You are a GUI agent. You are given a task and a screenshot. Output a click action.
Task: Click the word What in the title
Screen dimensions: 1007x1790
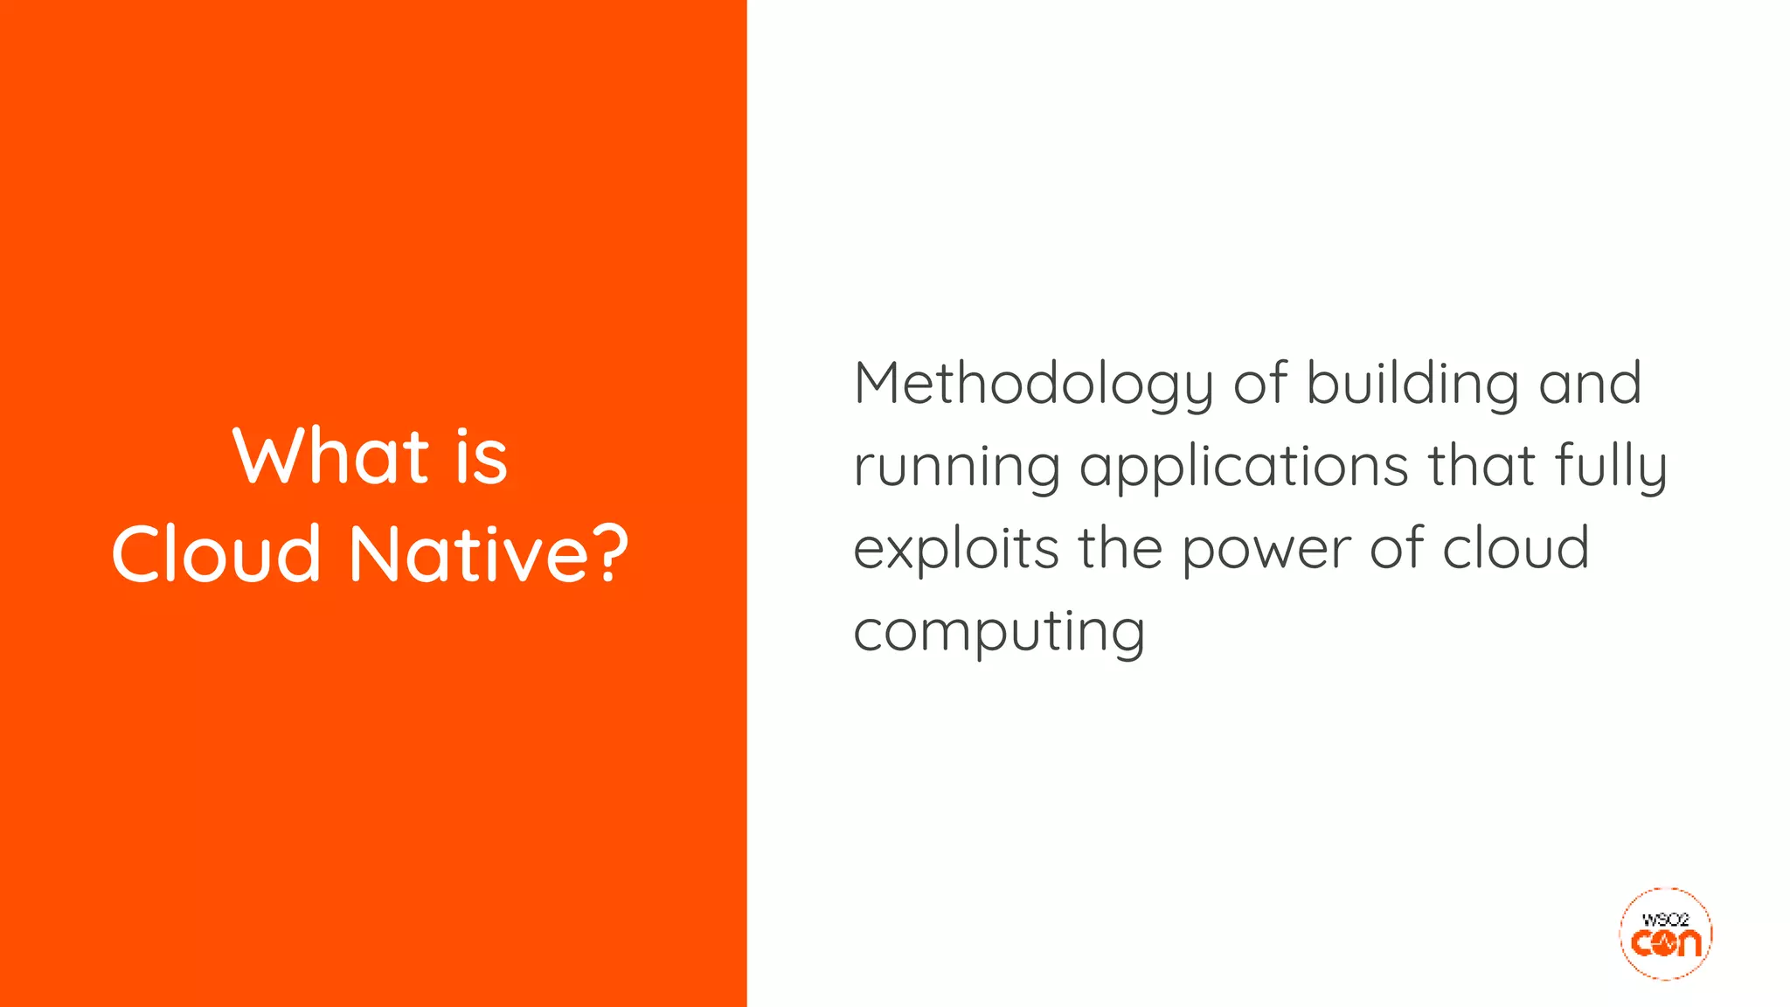pos(330,455)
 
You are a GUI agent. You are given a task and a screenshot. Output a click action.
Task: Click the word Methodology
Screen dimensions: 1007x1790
pos(1033,385)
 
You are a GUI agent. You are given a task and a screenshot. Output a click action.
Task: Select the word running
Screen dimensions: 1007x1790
pos(956,467)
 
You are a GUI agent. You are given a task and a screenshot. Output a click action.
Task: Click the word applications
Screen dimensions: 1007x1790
pos(1244,467)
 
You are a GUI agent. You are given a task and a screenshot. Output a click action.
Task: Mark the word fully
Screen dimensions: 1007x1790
pos(1611,466)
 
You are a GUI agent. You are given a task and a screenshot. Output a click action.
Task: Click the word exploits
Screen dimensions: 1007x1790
pos(955,549)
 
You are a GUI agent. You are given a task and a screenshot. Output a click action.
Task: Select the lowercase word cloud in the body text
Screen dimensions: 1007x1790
pos(1515,547)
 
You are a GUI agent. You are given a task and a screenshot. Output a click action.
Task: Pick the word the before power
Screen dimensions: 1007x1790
pos(1120,547)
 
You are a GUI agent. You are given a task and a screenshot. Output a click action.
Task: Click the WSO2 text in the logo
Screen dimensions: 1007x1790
pos(1665,920)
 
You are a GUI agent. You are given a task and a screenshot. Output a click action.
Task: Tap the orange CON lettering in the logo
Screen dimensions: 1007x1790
pos(1666,943)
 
